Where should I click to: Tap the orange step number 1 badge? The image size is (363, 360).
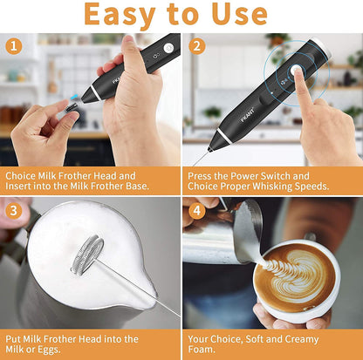click(x=14, y=46)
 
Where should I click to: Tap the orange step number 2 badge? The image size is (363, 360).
click(x=196, y=46)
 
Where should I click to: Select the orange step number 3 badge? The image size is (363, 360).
click(x=14, y=210)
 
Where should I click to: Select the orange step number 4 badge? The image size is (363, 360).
click(x=196, y=210)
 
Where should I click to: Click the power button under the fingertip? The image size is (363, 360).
click(x=298, y=75)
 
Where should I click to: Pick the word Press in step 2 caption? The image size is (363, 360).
click(x=202, y=174)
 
